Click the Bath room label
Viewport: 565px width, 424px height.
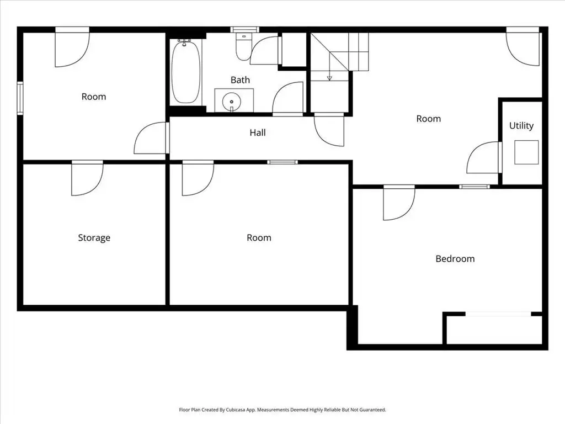tap(240, 79)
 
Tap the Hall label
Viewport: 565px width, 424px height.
tap(258, 132)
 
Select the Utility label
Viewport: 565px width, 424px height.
tap(521, 126)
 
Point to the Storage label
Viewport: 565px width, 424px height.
tap(94, 238)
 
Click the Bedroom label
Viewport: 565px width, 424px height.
tap(455, 258)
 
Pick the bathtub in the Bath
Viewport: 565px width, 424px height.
tap(185, 72)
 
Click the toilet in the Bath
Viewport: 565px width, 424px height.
tap(243, 46)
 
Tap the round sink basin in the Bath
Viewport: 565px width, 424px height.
tap(231, 102)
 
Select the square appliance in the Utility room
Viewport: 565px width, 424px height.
tap(526, 152)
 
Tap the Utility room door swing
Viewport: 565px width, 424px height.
tap(483, 157)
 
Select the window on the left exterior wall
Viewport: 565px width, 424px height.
tap(20, 98)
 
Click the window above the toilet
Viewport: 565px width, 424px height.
tap(244, 30)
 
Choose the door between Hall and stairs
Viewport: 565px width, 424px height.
tap(329, 129)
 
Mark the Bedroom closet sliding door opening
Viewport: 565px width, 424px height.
tap(498, 314)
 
